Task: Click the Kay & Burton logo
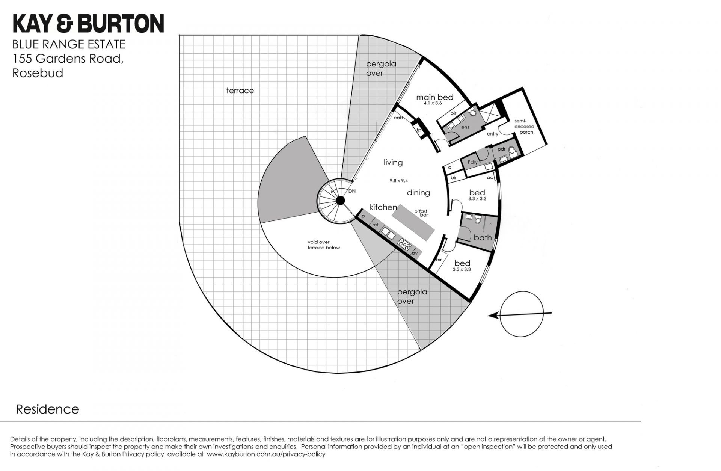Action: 88,23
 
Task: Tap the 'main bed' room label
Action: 434,97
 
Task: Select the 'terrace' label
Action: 240,91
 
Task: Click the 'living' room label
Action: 393,162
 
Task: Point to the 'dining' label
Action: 418,193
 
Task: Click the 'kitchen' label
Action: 383,207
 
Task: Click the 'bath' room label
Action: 483,237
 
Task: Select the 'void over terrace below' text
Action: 324,245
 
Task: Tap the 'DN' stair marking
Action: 352,191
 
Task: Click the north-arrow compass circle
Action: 522,315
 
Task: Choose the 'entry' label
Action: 492,134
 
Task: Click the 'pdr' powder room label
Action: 501,149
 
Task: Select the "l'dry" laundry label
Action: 472,162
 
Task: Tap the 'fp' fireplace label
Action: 419,130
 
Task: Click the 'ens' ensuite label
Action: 465,127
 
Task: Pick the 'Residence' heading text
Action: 48,409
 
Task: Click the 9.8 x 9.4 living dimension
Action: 399,180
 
